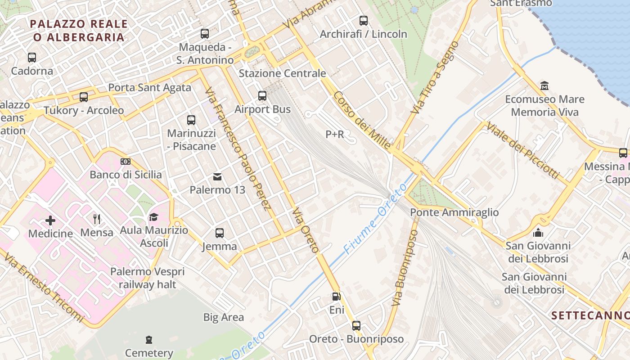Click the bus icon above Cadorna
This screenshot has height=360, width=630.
coord(32,58)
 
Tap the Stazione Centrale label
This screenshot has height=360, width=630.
coord(282,73)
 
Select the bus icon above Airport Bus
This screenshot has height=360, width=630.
coord(262,96)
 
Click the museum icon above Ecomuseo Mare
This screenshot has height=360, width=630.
coord(544,85)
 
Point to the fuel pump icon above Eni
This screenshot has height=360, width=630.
coord(336,297)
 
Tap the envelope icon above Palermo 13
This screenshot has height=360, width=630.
coord(217,176)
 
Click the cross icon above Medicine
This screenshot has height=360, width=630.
coord(50,220)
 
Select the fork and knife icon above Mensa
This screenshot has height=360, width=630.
coord(97,219)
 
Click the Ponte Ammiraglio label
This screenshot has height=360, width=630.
coord(454,212)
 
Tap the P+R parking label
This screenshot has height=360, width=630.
coord(335,135)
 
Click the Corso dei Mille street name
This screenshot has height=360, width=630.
coord(362,121)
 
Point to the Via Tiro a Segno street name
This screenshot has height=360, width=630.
coord(434,77)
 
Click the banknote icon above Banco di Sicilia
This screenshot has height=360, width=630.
coord(126,162)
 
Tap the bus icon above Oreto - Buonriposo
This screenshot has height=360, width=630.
coord(356,325)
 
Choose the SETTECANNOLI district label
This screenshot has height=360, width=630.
coord(590,315)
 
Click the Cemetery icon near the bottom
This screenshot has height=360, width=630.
coord(149,340)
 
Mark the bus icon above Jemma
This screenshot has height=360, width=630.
coord(220,233)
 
